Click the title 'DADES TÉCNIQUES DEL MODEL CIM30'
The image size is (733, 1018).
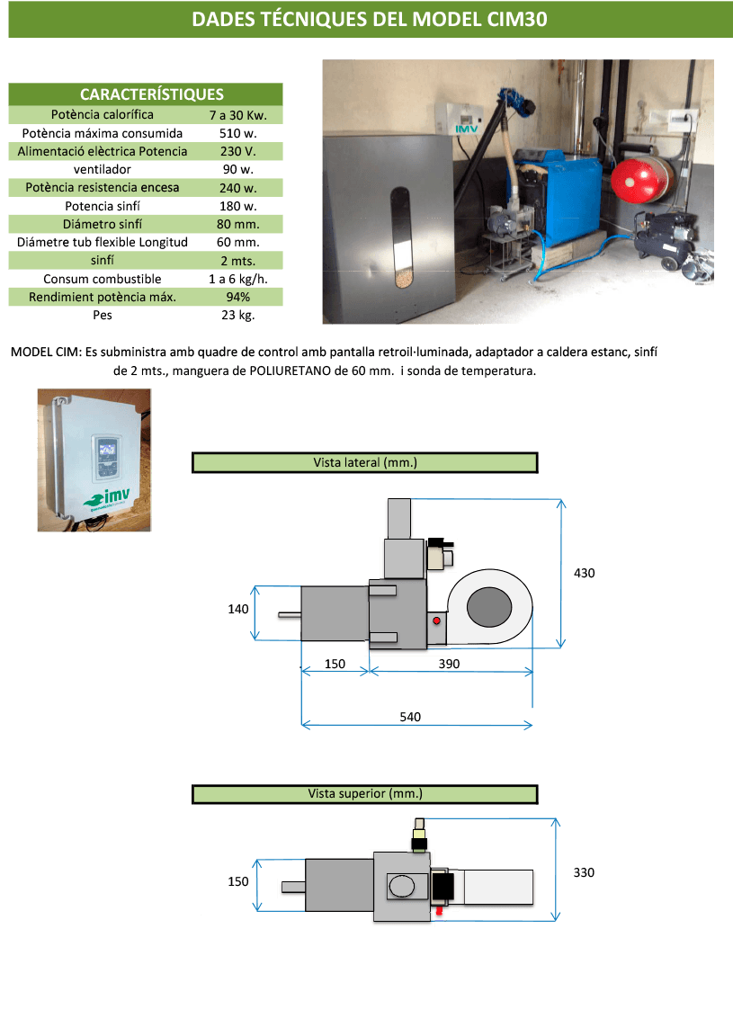point(370,20)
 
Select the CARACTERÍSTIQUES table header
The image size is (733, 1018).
point(151,94)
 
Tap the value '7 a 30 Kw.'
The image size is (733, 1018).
point(237,115)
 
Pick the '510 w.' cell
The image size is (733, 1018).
point(237,133)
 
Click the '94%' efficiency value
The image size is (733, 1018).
point(237,297)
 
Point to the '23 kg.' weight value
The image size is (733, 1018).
point(237,316)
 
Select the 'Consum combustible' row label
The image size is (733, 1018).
point(103,279)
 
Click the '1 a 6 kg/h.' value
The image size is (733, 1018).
point(237,279)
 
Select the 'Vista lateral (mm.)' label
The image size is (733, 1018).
point(364,463)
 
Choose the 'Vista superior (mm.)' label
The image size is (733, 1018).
point(364,794)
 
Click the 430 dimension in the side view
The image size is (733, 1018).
point(585,573)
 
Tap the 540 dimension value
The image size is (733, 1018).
point(410,717)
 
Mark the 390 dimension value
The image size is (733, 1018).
point(449,664)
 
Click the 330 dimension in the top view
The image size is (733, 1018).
point(584,872)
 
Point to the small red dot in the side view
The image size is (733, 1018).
point(437,621)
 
